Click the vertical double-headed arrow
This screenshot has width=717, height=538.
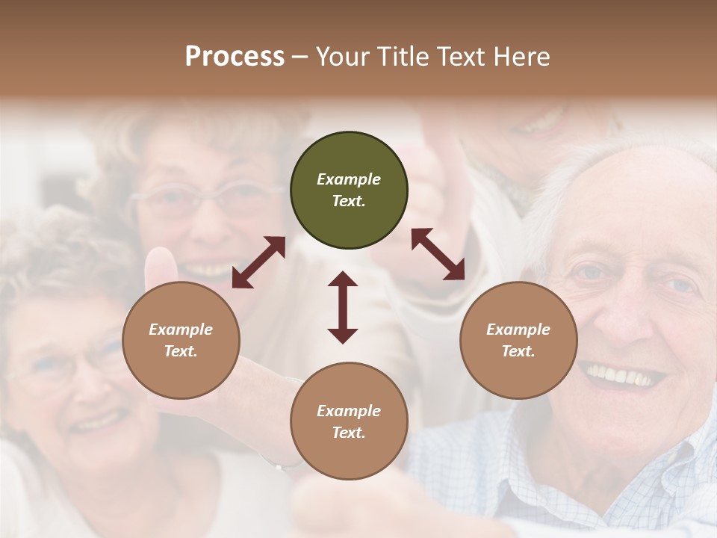pos(343,307)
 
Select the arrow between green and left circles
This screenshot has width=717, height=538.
pos(258,262)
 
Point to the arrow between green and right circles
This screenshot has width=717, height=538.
pos(438,254)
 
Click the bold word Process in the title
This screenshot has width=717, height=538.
pos(235,56)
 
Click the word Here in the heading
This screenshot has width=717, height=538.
pos(522,56)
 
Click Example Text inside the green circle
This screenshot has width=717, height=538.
pos(349,190)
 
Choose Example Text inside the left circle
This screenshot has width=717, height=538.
pos(181,340)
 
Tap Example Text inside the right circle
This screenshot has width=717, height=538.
pos(518,340)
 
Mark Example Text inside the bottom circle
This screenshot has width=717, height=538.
pos(349,421)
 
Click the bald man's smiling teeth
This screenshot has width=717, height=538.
pos(624,374)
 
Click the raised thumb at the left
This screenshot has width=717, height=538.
pos(161,269)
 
